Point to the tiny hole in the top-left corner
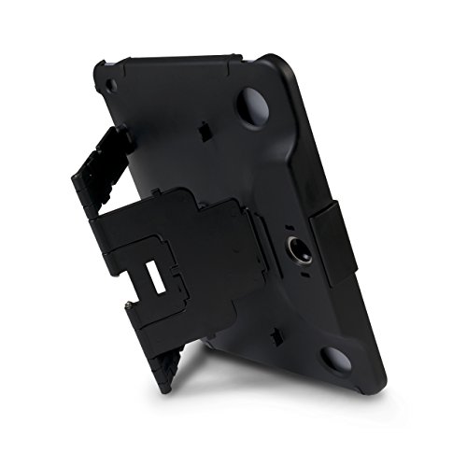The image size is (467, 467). click(x=111, y=85)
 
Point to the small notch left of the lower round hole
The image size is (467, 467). click(x=286, y=332)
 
